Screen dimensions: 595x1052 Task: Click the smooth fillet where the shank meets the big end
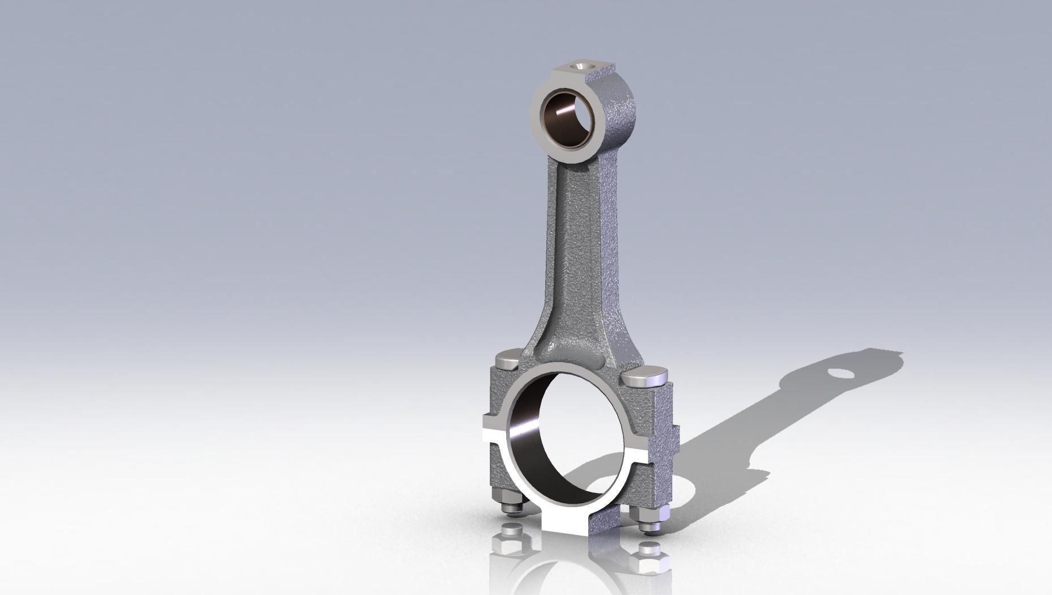[572, 348]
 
